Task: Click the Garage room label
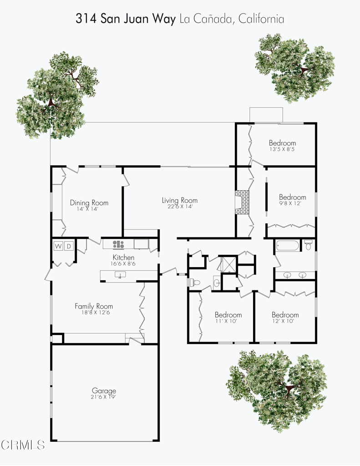point(104,390)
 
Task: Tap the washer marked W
point(58,246)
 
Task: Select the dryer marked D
point(70,246)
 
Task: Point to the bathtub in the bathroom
point(287,247)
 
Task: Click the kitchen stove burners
point(118,244)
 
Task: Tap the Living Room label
point(180,200)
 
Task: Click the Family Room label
point(94,306)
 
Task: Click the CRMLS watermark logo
point(23,445)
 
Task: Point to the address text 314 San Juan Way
point(125,19)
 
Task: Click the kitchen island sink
point(120,274)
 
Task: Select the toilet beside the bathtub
point(308,246)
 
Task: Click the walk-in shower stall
point(226,264)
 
